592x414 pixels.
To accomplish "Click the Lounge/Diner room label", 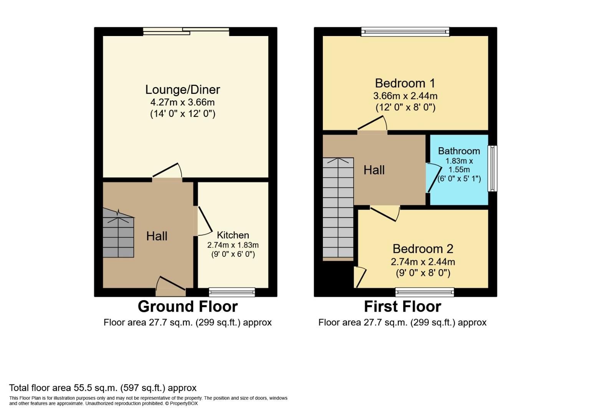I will [182, 90].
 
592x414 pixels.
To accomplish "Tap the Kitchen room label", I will [233, 235].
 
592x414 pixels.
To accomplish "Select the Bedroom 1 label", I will [405, 83].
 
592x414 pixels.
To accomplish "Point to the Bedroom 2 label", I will [423, 249].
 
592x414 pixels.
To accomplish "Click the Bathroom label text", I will [459, 151].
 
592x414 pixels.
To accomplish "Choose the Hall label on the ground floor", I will [157, 236].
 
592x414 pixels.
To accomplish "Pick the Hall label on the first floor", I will [374, 170].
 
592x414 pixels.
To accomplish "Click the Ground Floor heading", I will [187, 307].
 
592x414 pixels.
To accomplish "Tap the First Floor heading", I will [402, 307].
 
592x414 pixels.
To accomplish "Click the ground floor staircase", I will [118, 234].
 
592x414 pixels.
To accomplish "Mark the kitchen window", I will [232, 292].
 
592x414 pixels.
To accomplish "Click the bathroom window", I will [492, 168].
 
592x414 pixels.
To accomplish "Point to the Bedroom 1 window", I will [405, 32].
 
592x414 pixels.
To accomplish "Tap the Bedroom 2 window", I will [425, 292].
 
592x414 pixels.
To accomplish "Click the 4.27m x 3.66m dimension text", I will [182, 102].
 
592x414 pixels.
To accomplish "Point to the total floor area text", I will [103, 388].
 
